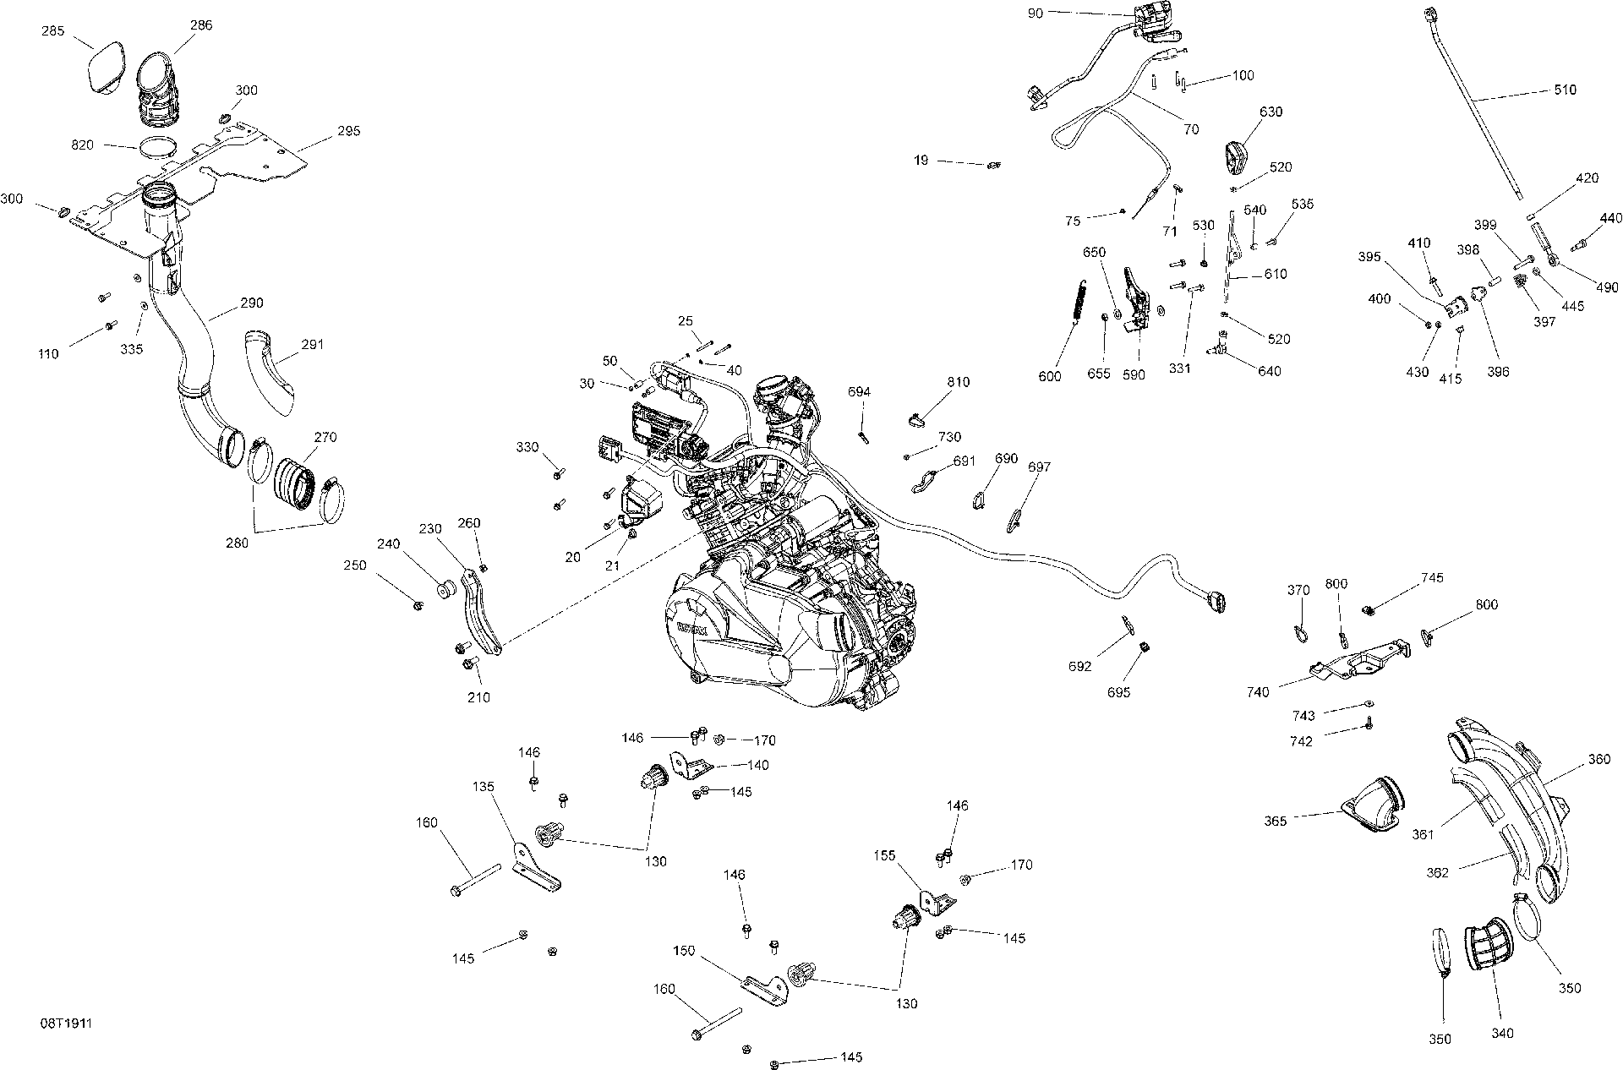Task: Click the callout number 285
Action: point(52,31)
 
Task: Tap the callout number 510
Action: point(1564,90)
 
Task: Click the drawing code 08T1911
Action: point(66,1024)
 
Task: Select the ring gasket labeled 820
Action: point(159,147)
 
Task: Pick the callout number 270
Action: point(325,437)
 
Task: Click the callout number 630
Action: point(1271,112)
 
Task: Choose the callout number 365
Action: point(1276,821)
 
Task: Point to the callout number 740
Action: point(1258,692)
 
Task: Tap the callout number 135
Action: point(484,787)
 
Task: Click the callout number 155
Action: point(885,855)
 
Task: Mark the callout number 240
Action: point(388,544)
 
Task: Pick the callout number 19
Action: point(921,159)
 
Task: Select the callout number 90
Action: point(1036,14)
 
